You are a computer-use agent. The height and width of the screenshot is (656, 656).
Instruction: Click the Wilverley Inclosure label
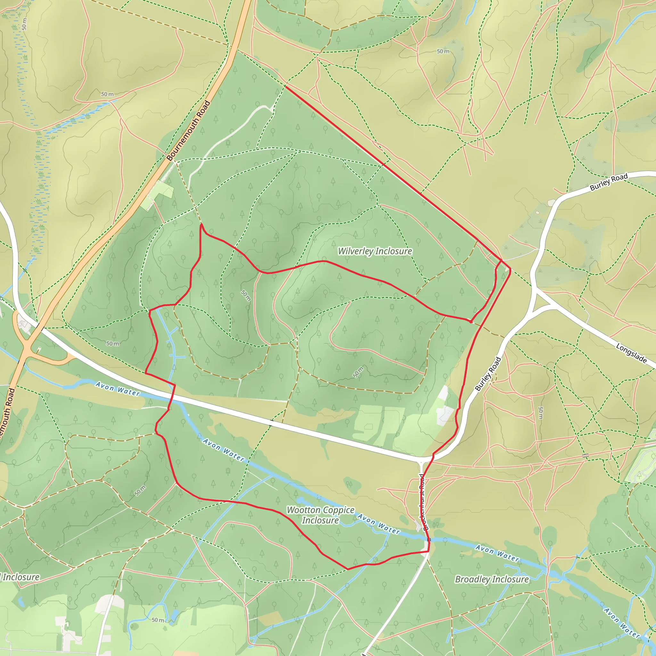point(375,251)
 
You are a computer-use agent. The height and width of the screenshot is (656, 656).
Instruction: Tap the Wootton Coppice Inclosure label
point(321,515)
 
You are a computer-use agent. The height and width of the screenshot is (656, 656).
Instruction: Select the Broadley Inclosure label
point(492,579)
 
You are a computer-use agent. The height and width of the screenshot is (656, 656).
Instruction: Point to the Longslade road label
point(631,353)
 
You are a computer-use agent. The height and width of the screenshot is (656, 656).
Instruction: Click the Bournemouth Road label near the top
point(188,131)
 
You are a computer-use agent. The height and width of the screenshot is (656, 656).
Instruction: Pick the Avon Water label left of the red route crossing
point(118,389)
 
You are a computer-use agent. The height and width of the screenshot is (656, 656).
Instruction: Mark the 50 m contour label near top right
point(443,52)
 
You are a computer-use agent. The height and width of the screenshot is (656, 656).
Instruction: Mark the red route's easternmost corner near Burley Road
point(510,269)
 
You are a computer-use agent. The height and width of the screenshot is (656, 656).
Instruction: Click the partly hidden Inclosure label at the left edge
point(20,577)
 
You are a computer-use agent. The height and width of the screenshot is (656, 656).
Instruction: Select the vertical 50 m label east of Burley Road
point(541,413)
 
